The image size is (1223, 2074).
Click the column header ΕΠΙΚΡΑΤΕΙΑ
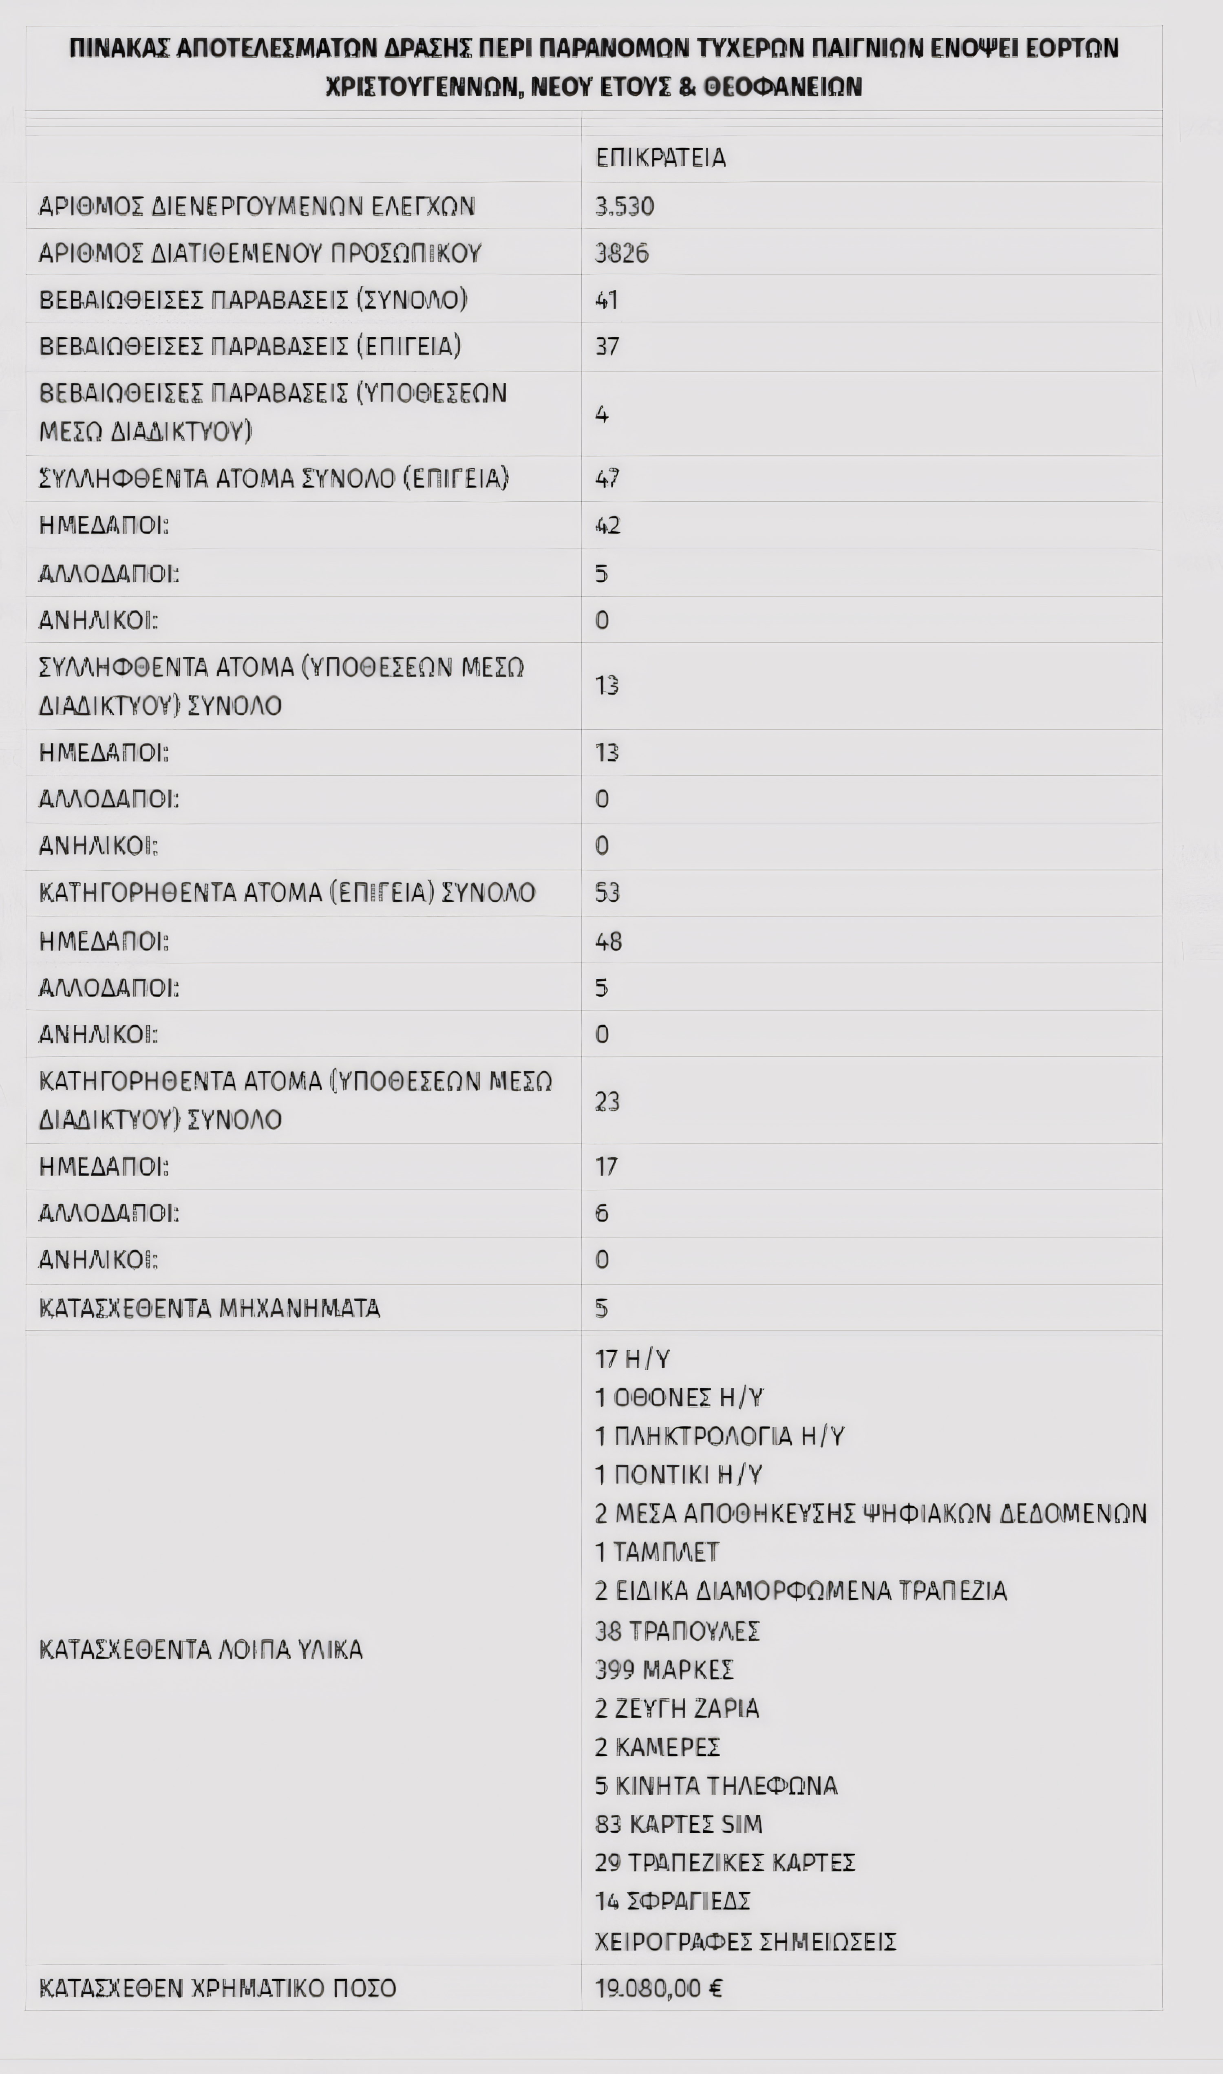(x=660, y=157)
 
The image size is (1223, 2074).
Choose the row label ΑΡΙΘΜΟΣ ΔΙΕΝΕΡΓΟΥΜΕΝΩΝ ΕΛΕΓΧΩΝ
(x=257, y=206)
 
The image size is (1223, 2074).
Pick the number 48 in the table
(x=608, y=941)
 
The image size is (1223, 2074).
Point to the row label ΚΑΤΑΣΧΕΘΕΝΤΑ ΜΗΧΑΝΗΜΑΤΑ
(x=209, y=1308)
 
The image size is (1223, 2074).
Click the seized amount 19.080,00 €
(x=658, y=1988)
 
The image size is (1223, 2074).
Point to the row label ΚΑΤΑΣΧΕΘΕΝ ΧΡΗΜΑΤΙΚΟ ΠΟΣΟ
(x=218, y=1988)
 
